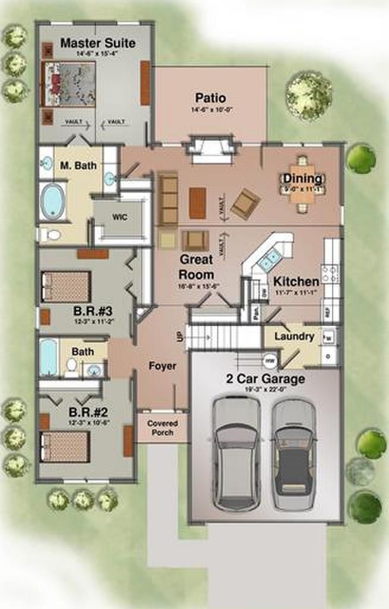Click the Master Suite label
tap(97, 43)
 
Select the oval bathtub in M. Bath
tap(53, 202)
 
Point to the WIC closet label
tap(119, 218)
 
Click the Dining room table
tap(302, 184)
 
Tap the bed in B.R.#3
tap(66, 287)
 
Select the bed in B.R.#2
tap(65, 445)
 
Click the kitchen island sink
tap(268, 258)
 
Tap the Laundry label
tap(294, 337)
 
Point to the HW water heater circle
tap(270, 360)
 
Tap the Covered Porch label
tap(163, 428)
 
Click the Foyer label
tap(162, 366)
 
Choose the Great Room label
tap(197, 267)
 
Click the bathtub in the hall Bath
tap(48, 357)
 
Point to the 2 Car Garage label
tap(265, 379)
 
